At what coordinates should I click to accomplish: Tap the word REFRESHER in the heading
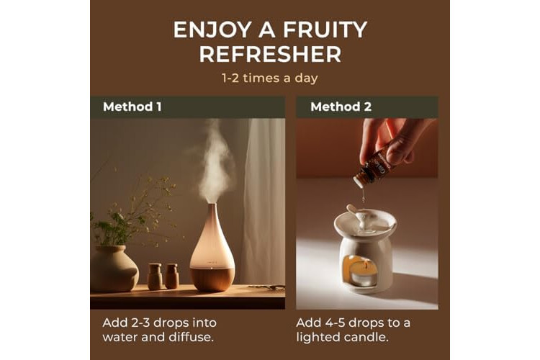coord(270,55)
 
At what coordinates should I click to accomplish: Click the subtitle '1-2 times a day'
coord(270,78)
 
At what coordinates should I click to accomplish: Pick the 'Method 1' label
coord(132,107)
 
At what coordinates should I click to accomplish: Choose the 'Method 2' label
coord(341,107)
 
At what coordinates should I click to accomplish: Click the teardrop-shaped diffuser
coord(212,248)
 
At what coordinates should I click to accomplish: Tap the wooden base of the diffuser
coord(212,279)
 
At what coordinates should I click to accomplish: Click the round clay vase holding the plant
coord(114,268)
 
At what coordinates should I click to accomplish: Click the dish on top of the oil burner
coord(365,222)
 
